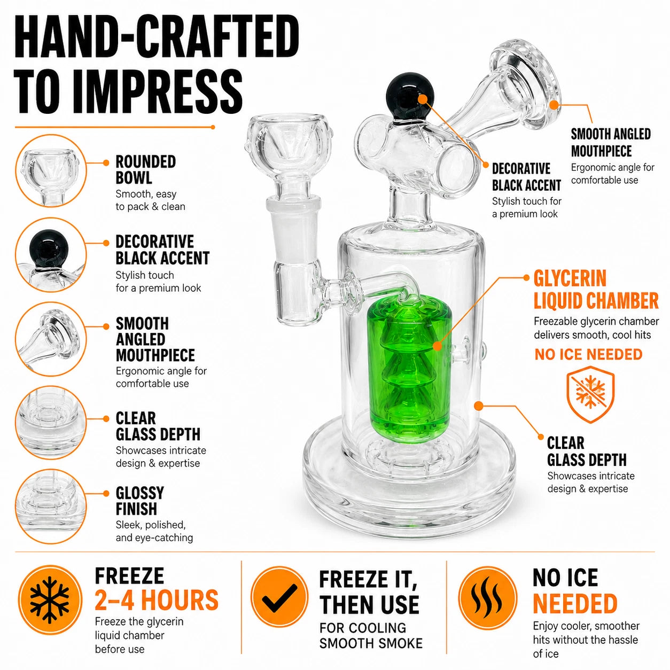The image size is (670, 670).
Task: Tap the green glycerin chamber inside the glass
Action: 409,369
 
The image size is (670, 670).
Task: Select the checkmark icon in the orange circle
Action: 279,597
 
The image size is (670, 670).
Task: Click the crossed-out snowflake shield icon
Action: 591,394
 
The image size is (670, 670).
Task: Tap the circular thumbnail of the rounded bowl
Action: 51,171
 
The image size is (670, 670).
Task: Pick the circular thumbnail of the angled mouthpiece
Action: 51,339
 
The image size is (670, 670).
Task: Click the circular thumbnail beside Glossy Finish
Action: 51,506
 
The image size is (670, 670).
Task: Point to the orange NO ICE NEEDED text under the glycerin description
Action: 588,354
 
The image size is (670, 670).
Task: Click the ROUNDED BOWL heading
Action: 146,170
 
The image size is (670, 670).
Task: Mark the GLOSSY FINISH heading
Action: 140,501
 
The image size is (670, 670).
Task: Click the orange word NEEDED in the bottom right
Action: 575,604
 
